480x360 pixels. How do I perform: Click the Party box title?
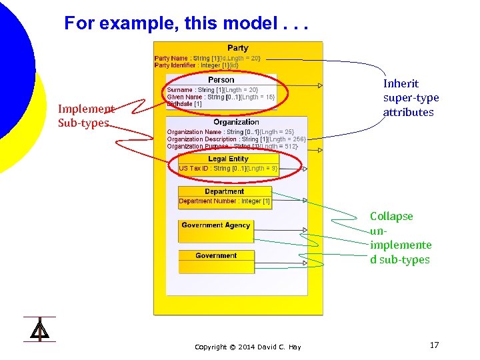(237, 48)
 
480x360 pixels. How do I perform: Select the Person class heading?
(221, 80)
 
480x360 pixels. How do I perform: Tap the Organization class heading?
(236, 122)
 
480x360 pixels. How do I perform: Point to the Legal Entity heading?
(228, 159)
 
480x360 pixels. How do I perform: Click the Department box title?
(224, 191)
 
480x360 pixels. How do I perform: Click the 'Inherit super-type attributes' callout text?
(411, 98)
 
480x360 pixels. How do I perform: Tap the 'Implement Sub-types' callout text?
(86, 115)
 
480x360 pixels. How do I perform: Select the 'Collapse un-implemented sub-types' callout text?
(401, 238)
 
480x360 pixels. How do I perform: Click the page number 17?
(434, 345)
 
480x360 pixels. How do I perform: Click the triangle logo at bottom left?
(39, 329)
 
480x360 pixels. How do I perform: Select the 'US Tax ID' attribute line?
(228, 169)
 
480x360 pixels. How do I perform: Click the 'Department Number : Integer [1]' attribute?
(224, 201)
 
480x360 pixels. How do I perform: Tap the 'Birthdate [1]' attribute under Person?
(184, 104)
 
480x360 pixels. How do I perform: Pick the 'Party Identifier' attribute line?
(196, 65)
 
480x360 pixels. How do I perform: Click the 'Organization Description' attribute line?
(236, 139)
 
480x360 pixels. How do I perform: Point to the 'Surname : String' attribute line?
(212, 90)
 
